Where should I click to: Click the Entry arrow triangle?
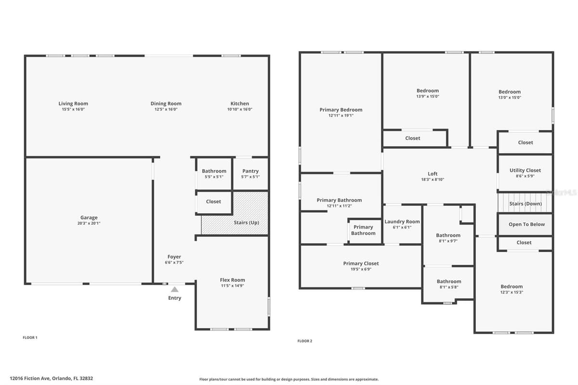175,289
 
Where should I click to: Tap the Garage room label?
89,218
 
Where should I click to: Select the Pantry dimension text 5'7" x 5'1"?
250,177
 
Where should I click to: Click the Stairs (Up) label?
247,222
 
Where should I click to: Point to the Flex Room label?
232,280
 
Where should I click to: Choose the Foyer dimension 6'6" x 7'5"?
174,262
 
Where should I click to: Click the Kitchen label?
240,103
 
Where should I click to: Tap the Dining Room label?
166,103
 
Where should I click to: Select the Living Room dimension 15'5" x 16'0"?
73,109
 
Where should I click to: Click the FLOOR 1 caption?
30,337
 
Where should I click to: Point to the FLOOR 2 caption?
305,341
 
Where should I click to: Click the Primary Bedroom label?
341,110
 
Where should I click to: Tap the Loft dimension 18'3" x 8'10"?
433,180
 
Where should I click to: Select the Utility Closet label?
525,170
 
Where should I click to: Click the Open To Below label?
526,224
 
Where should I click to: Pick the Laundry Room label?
402,221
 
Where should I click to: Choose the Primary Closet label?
361,264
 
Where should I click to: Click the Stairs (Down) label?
525,204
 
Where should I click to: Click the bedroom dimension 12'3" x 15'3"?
512,293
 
